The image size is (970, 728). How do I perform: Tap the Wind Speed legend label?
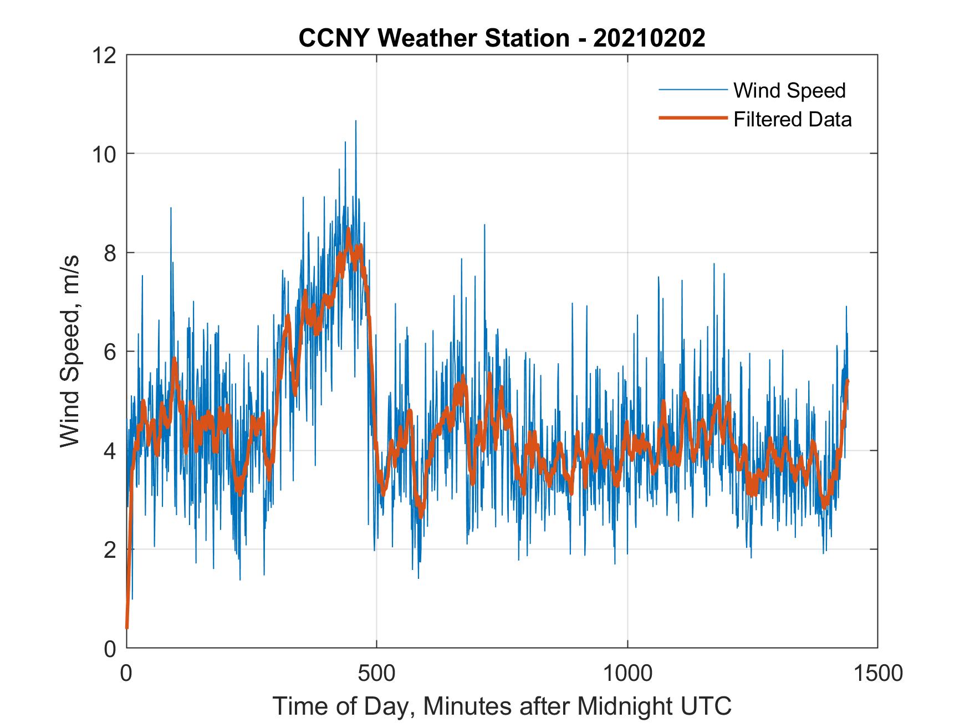click(789, 90)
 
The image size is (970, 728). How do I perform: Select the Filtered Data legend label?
click(792, 119)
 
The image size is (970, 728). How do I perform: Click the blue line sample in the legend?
click(692, 90)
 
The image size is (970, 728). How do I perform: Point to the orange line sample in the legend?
click(692, 118)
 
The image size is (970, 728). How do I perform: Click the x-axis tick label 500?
click(377, 673)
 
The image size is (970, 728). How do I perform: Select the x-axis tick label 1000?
click(627, 673)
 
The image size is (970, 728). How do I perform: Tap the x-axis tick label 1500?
click(877, 673)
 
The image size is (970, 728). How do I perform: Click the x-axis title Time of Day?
click(502, 706)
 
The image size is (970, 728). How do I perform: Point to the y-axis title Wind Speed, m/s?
click(70, 351)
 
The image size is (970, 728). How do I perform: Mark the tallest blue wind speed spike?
click(355, 121)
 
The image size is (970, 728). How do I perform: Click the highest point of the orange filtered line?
click(348, 229)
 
